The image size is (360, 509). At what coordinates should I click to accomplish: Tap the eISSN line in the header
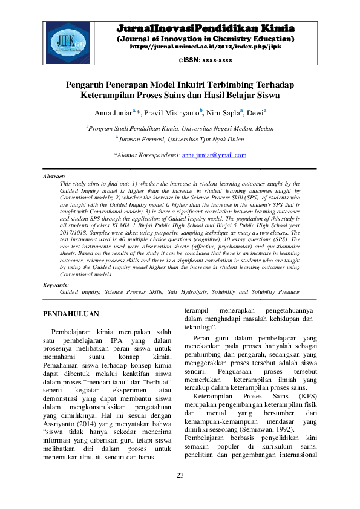pos(205,60)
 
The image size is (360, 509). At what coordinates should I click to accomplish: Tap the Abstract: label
pos(54,176)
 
